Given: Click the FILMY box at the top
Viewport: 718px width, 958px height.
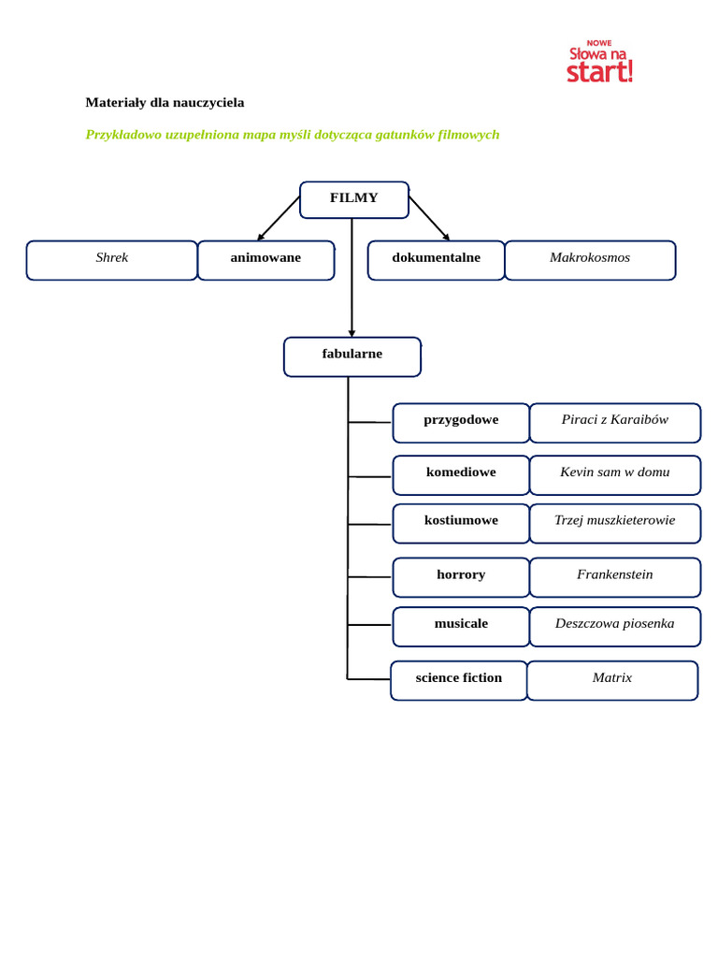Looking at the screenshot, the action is (354, 200).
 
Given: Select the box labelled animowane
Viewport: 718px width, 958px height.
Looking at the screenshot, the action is (266, 260).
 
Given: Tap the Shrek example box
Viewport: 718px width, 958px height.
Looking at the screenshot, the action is (112, 260).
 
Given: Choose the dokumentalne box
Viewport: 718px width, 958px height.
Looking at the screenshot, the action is (436, 260).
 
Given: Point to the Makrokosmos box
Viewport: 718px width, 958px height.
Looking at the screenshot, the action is (591, 260).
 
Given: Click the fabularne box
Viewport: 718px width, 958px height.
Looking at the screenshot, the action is (352, 356).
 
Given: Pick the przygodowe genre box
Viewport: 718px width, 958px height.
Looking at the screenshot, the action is (461, 423).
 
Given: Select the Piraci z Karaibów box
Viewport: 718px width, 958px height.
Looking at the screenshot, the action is (615, 423).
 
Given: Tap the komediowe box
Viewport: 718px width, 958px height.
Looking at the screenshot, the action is (461, 475).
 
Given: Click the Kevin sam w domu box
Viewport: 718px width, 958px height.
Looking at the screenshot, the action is (615, 475).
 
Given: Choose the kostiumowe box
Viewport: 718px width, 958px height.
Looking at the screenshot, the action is (461, 524).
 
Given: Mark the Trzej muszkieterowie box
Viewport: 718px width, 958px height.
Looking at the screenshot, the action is (615, 524).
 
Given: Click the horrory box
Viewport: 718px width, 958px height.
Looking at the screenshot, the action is (461, 577).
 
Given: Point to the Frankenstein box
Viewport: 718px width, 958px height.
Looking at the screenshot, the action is (615, 577).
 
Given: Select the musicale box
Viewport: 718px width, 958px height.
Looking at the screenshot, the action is (461, 627).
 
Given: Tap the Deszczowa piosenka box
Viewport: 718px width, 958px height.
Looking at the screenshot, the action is (615, 627).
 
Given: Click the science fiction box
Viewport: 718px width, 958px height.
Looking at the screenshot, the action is (458, 681).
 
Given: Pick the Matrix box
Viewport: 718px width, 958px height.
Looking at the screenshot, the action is (612, 681).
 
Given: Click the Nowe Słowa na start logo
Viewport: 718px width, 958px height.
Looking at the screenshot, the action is (599, 62).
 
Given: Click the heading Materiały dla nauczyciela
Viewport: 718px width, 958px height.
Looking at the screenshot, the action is (165, 103).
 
